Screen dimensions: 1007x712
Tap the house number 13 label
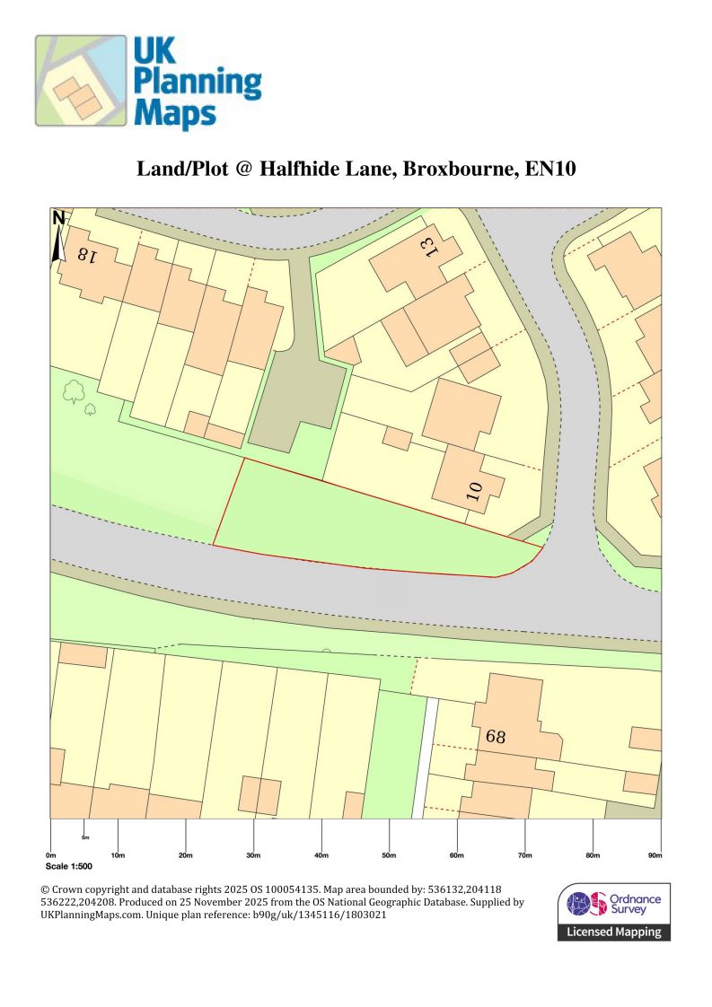pos(431,246)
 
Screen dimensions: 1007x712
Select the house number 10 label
pos(475,490)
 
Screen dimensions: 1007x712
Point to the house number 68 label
pos(497,737)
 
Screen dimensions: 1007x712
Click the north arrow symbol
pos(58,237)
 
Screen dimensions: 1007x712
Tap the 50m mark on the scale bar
pos(389,854)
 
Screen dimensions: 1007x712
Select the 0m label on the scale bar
pos(51,854)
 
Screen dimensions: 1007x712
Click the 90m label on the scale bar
pos(655,854)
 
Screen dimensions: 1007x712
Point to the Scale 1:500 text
pos(68,868)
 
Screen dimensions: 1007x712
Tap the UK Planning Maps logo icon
pos(81,81)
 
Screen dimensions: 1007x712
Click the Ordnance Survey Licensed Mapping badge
pos(614,912)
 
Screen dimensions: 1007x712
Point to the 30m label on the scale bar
pos(253,854)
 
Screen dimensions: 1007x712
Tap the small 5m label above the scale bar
pos(85,836)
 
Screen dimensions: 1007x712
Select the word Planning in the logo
pos(197,83)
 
